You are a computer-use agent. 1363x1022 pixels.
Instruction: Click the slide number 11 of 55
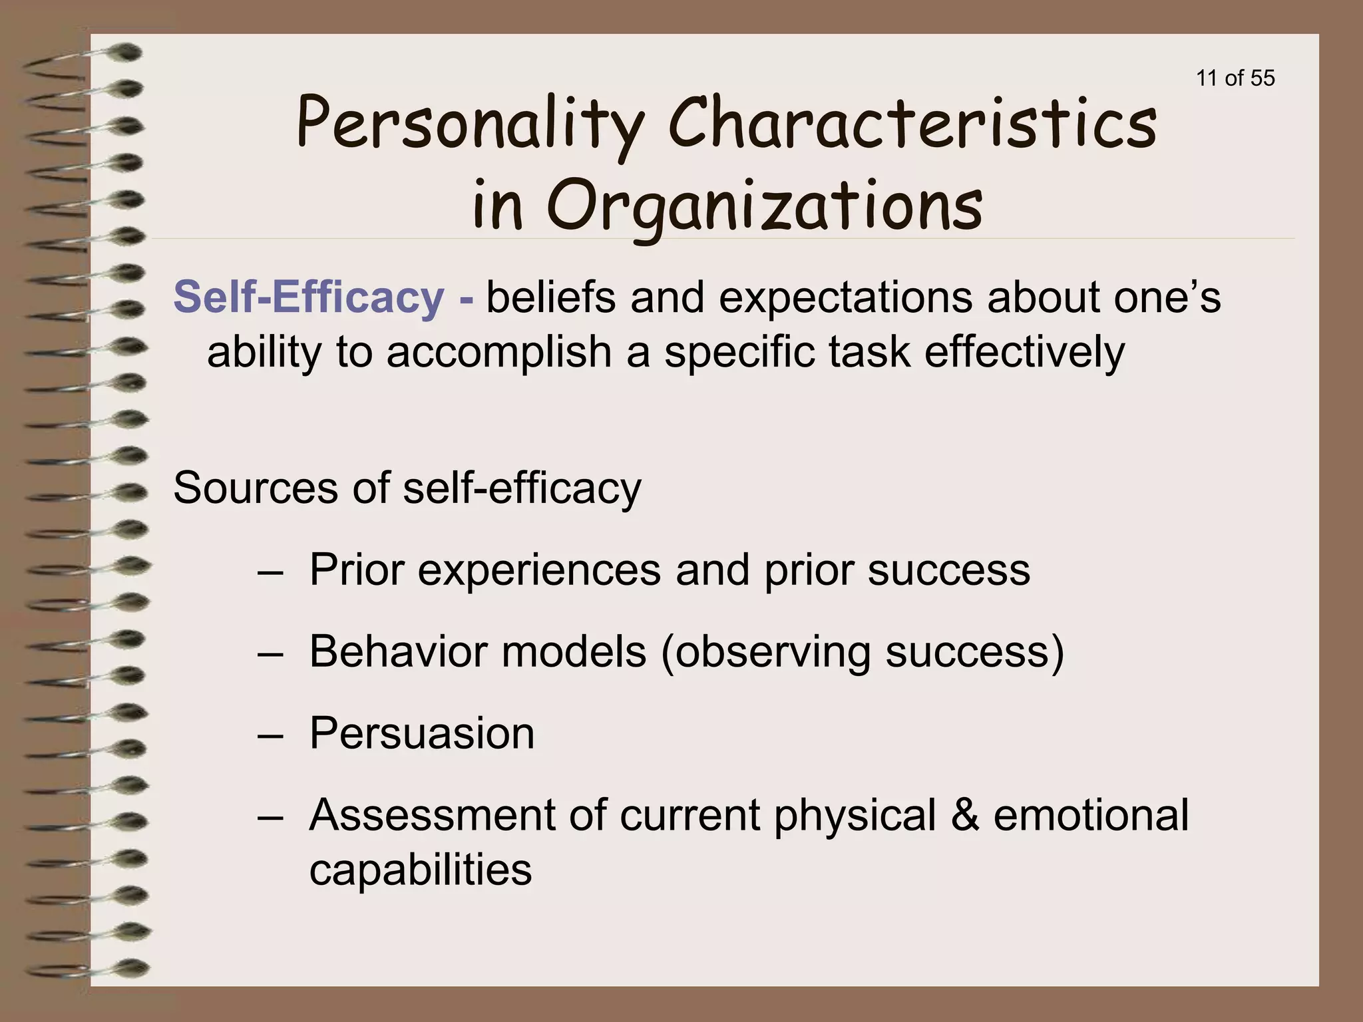coord(1235,79)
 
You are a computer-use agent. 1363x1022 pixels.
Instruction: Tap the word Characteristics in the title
coord(912,124)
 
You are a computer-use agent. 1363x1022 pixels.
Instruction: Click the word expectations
coord(845,298)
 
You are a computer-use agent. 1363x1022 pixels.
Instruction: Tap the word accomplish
coord(498,352)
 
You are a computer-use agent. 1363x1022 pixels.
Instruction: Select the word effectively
coord(1024,352)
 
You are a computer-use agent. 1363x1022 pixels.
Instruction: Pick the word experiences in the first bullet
coord(539,570)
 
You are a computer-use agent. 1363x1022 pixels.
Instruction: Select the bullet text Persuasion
coord(422,733)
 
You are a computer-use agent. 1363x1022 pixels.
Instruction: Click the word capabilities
coord(421,870)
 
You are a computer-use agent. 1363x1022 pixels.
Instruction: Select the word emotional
coord(1091,815)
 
